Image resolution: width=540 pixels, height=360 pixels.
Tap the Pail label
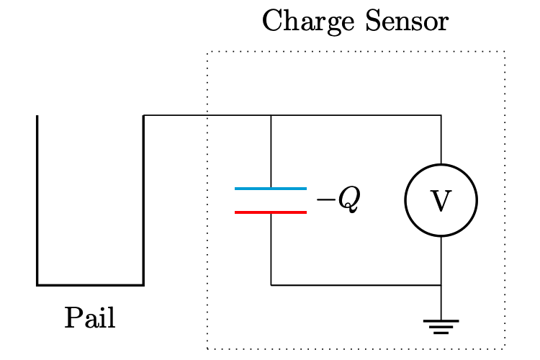(90, 318)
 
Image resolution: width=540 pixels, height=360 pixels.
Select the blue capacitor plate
(271, 189)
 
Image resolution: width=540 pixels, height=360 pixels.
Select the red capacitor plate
(271, 212)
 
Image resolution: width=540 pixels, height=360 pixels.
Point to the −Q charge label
(338, 201)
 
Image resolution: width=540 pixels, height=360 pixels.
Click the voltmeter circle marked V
(441, 200)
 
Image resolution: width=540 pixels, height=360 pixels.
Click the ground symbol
(441, 326)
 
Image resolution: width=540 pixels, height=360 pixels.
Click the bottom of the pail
(90, 285)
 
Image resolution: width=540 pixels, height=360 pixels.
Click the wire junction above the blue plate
(271, 115)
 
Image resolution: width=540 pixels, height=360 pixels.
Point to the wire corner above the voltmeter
(441, 115)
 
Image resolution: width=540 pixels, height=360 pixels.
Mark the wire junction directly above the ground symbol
(441, 285)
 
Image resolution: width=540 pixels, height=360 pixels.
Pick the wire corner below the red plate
(271, 285)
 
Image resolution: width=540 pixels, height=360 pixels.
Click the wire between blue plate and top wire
(271, 151)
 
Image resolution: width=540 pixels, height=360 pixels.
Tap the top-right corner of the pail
(143, 115)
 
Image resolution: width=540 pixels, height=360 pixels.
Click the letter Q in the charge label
(348, 202)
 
